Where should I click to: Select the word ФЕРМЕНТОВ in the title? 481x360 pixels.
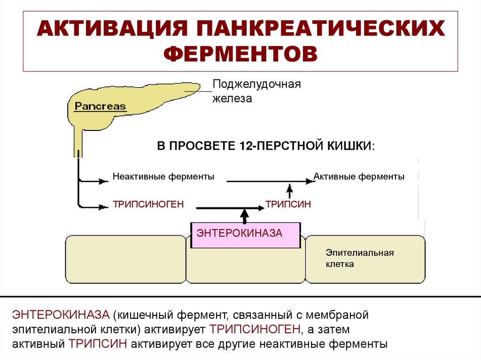pos(240,54)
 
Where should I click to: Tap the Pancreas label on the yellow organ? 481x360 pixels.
pos(101,106)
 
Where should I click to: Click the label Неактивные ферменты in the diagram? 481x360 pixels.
pos(163,177)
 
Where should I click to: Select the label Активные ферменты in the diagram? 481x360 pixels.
pos(359,177)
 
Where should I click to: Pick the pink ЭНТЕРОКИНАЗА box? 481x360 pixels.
pos(245,235)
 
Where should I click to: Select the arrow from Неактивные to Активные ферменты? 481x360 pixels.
pos(268,180)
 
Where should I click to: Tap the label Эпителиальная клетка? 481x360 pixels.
pos(359,259)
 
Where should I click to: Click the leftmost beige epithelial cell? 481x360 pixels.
pos(125,260)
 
